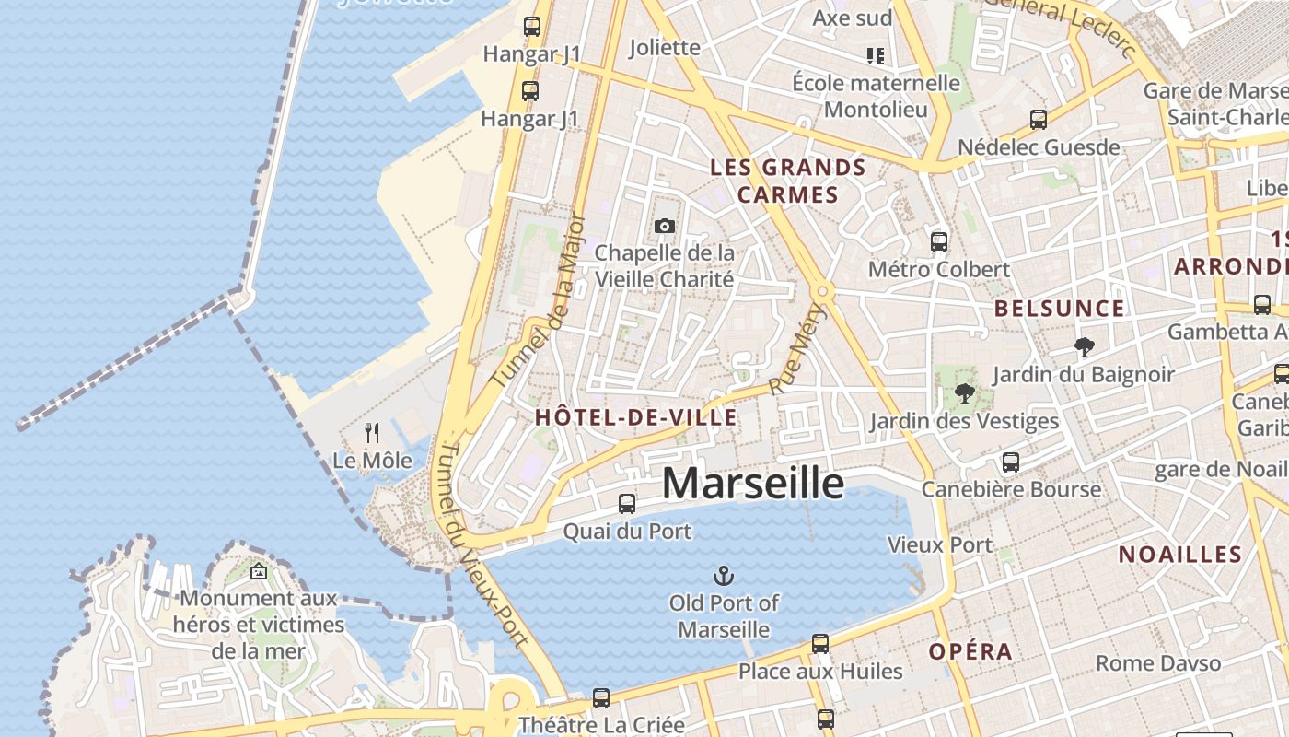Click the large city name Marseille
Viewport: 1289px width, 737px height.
(752, 483)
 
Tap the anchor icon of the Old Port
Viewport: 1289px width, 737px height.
(724, 577)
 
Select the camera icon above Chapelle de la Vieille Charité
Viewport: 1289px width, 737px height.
(664, 226)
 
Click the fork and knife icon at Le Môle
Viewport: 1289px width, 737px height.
(372, 432)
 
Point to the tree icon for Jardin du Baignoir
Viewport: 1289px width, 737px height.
(1084, 347)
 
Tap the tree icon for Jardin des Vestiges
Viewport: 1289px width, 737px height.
(964, 393)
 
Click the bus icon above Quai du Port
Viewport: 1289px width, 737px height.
(627, 503)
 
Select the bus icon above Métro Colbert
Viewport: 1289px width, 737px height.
(939, 242)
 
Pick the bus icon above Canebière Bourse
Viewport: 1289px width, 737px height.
(1011, 462)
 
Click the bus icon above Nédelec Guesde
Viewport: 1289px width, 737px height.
(1039, 119)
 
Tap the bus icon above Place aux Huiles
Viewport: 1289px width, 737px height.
(820, 643)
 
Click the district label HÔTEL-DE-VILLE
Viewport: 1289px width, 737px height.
(636, 417)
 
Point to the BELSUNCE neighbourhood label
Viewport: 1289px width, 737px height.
(1060, 309)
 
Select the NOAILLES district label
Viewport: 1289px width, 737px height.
(1180, 555)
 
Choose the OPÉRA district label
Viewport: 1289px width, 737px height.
(970, 652)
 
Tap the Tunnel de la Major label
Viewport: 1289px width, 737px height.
(539, 301)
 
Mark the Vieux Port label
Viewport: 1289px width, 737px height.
(940, 545)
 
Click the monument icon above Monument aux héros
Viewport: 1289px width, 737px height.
(259, 572)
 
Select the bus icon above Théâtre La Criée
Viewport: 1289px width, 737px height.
(601, 697)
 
